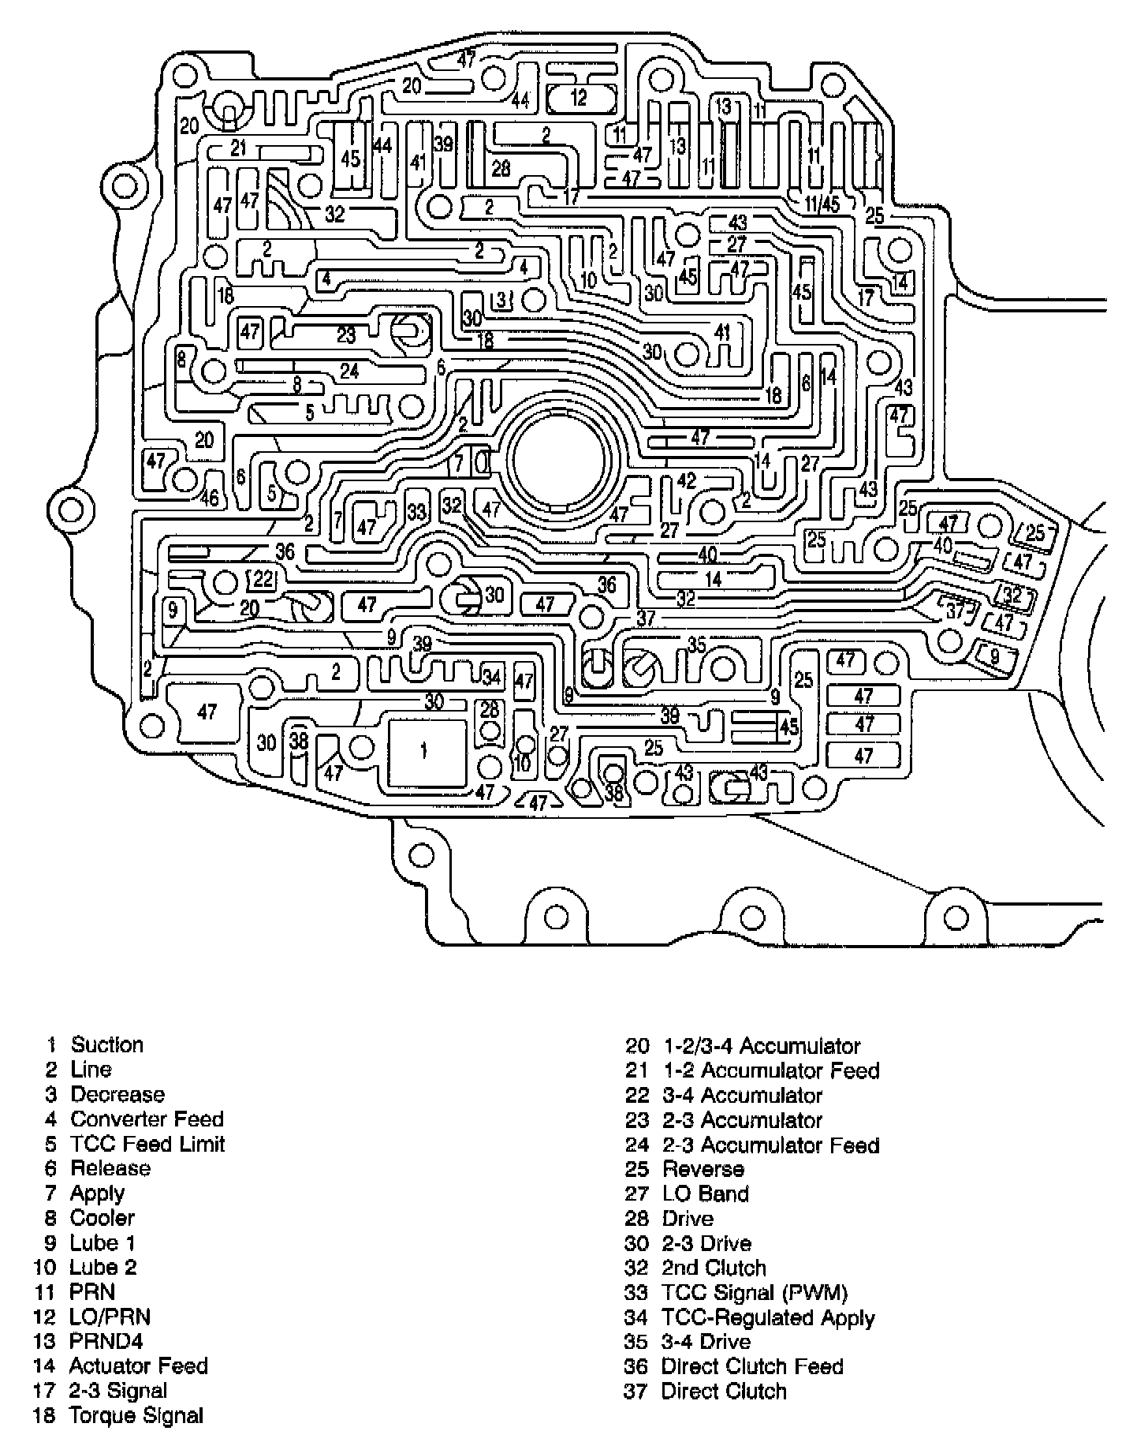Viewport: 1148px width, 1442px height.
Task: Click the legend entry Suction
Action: pyautogui.click(x=106, y=1044)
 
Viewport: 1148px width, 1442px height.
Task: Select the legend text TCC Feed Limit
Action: pyautogui.click(x=147, y=1144)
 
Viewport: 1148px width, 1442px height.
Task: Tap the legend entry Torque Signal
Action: pyautogui.click(x=136, y=1415)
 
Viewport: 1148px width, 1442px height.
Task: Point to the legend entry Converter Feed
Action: pyautogui.click(x=147, y=1119)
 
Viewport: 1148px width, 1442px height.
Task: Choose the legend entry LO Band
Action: pyautogui.click(x=705, y=1194)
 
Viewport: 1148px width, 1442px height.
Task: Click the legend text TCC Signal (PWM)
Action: pyautogui.click(x=754, y=1293)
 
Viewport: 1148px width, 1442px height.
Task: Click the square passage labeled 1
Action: pyautogui.click(x=424, y=751)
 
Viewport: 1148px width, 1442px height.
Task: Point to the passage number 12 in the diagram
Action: pyautogui.click(x=579, y=98)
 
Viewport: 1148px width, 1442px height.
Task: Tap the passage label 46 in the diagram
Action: pyautogui.click(x=209, y=499)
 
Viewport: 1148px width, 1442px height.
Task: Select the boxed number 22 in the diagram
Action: pyautogui.click(x=263, y=579)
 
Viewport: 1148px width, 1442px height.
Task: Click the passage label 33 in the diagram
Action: pyautogui.click(x=416, y=511)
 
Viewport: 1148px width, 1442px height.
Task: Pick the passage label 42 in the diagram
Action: pyautogui.click(x=687, y=480)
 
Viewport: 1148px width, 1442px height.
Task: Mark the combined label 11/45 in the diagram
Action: pyautogui.click(x=822, y=204)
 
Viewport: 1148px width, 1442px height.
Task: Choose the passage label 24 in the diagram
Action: pyautogui.click(x=349, y=369)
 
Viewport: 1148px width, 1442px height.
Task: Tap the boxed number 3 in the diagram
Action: pyautogui.click(x=501, y=299)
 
